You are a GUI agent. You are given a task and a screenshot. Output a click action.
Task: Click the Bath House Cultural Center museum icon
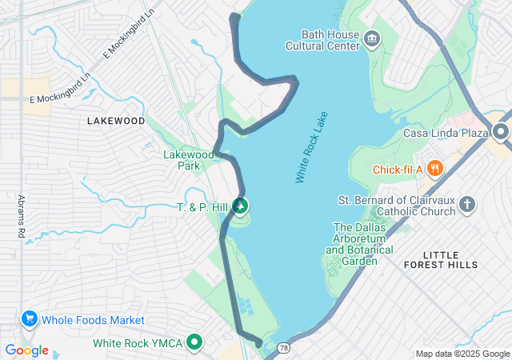click(x=372, y=38)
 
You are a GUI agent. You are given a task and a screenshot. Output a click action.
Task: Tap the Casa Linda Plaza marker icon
click(x=502, y=131)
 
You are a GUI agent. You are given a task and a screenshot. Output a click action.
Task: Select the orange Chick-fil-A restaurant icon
click(x=435, y=169)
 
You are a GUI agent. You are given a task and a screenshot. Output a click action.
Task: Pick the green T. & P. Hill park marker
click(x=240, y=206)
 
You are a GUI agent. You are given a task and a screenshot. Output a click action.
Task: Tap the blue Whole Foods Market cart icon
click(x=30, y=319)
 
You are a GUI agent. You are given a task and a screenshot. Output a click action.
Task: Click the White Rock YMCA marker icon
click(x=194, y=343)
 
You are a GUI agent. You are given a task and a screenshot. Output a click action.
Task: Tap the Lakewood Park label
click(x=188, y=160)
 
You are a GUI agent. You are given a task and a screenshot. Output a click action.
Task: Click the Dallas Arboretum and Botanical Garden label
click(x=359, y=244)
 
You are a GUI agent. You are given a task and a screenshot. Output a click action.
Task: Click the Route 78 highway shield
click(x=286, y=348)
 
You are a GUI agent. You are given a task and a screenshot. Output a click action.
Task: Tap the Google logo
click(x=27, y=350)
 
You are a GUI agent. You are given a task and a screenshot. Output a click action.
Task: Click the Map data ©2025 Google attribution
click(x=462, y=354)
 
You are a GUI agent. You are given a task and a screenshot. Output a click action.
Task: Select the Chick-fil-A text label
click(x=398, y=170)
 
